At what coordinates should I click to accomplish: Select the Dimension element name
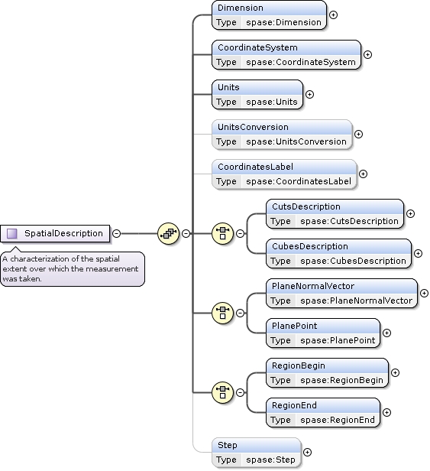click(x=241, y=8)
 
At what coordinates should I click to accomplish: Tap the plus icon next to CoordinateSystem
click(x=367, y=54)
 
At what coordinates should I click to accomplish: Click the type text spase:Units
click(x=272, y=102)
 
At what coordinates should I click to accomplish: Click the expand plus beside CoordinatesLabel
click(x=363, y=174)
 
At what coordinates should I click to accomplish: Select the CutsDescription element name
click(x=306, y=206)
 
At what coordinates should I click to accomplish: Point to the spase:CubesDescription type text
click(x=353, y=261)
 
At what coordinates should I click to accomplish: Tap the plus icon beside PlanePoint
click(x=386, y=333)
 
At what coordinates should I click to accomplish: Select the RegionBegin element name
click(x=299, y=365)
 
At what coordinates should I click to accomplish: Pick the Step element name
click(x=228, y=445)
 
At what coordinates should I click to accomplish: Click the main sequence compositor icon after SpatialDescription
click(x=168, y=233)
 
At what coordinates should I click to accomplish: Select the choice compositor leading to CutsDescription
click(x=222, y=233)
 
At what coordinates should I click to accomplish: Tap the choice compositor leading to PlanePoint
click(x=222, y=313)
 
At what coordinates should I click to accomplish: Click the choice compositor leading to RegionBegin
click(x=222, y=392)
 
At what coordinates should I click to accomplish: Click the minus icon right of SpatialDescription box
click(x=116, y=233)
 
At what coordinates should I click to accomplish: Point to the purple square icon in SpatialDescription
click(x=11, y=233)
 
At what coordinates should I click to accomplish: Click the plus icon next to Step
click(x=308, y=452)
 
